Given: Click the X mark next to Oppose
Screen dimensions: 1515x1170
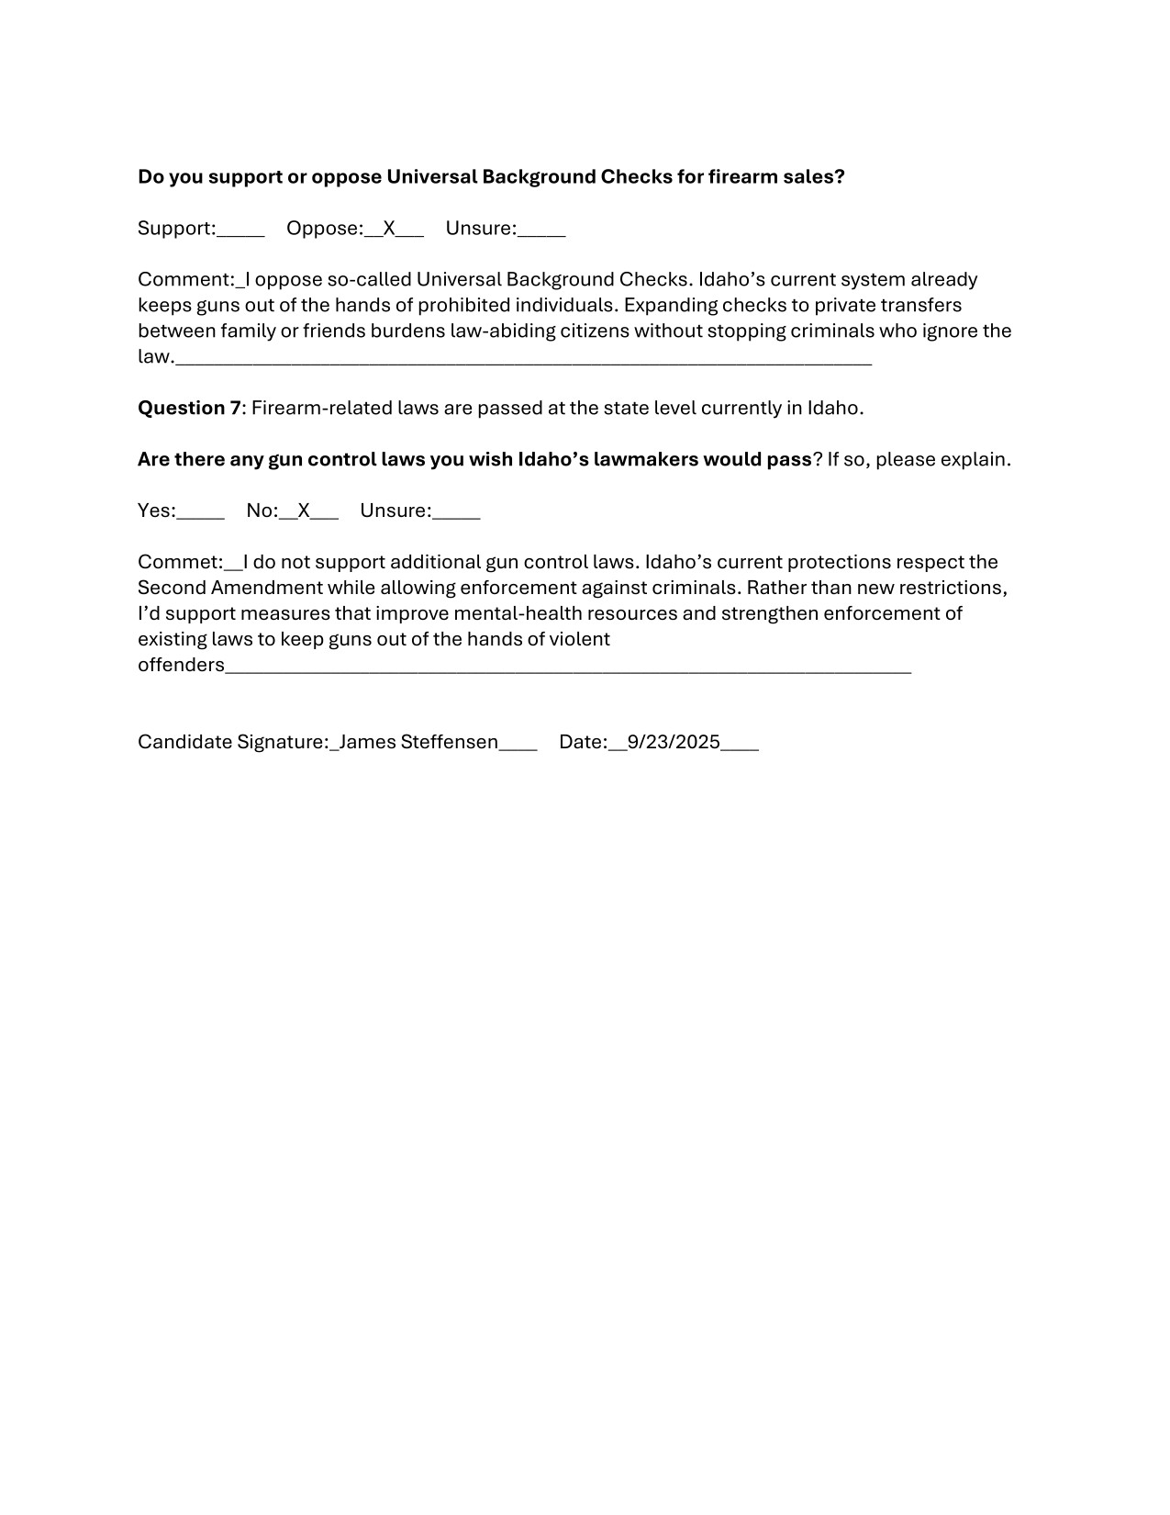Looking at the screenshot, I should (x=389, y=229).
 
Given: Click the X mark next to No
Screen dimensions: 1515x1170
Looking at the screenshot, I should (x=304, y=511).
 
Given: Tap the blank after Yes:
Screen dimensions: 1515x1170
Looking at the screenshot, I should (x=200, y=512).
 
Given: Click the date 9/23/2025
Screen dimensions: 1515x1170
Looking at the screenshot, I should (x=674, y=742).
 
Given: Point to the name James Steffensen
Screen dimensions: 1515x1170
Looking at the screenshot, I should (x=418, y=742).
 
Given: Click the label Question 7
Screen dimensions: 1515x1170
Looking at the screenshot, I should (x=189, y=408).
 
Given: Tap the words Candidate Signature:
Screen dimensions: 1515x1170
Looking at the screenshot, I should (x=232, y=742).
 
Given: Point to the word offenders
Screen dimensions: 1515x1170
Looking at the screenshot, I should (x=181, y=665).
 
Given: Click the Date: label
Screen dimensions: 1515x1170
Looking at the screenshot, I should (x=583, y=742).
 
